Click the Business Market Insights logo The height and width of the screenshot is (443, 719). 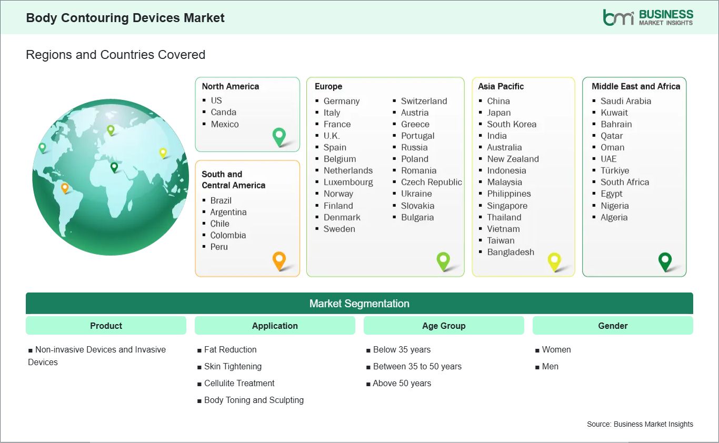[x=648, y=17]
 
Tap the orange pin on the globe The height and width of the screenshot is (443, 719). [x=65, y=188]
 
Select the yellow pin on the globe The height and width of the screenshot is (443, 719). [x=163, y=153]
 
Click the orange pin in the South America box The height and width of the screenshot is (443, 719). [x=279, y=261]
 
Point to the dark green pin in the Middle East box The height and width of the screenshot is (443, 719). [x=665, y=262]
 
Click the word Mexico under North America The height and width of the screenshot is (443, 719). [x=225, y=124]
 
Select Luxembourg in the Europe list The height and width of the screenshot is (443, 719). [x=348, y=182]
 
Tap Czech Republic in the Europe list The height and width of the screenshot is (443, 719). [x=432, y=182]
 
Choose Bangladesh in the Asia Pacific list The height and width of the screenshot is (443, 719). [x=511, y=252]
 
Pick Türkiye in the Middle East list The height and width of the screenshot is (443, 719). [x=615, y=170]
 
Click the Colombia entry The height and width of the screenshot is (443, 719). [x=228, y=235]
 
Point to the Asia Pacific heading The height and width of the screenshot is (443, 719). [x=501, y=86]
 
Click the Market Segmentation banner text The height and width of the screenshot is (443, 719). [x=359, y=304]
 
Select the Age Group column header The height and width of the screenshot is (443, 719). [x=444, y=326]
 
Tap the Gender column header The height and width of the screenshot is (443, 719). [x=613, y=326]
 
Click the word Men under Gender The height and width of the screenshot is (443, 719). [x=550, y=366]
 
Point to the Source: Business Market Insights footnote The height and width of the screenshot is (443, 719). [x=640, y=424]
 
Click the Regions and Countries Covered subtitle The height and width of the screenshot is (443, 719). [x=116, y=55]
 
